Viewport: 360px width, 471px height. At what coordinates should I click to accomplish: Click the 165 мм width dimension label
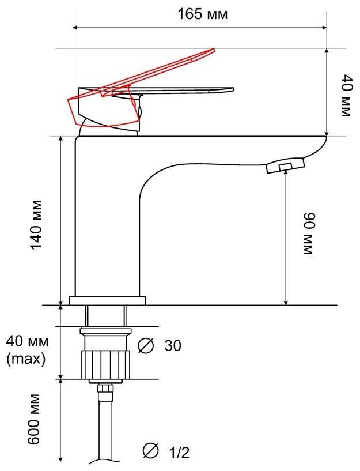(x=203, y=14)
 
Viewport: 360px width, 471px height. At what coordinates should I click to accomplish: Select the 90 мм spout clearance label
(x=309, y=233)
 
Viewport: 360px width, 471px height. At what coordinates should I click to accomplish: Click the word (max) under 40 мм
(x=26, y=359)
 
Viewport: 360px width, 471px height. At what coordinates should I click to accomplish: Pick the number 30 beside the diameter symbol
(x=173, y=345)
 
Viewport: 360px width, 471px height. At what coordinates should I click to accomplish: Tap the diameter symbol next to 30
(x=146, y=345)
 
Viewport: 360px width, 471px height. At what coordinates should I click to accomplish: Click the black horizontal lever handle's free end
(x=232, y=89)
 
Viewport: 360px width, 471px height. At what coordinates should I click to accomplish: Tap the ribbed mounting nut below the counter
(x=105, y=364)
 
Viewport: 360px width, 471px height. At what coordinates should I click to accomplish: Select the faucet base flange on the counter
(x=107, y=301)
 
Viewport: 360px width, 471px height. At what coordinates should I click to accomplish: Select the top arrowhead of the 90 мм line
(x=286, y=173)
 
